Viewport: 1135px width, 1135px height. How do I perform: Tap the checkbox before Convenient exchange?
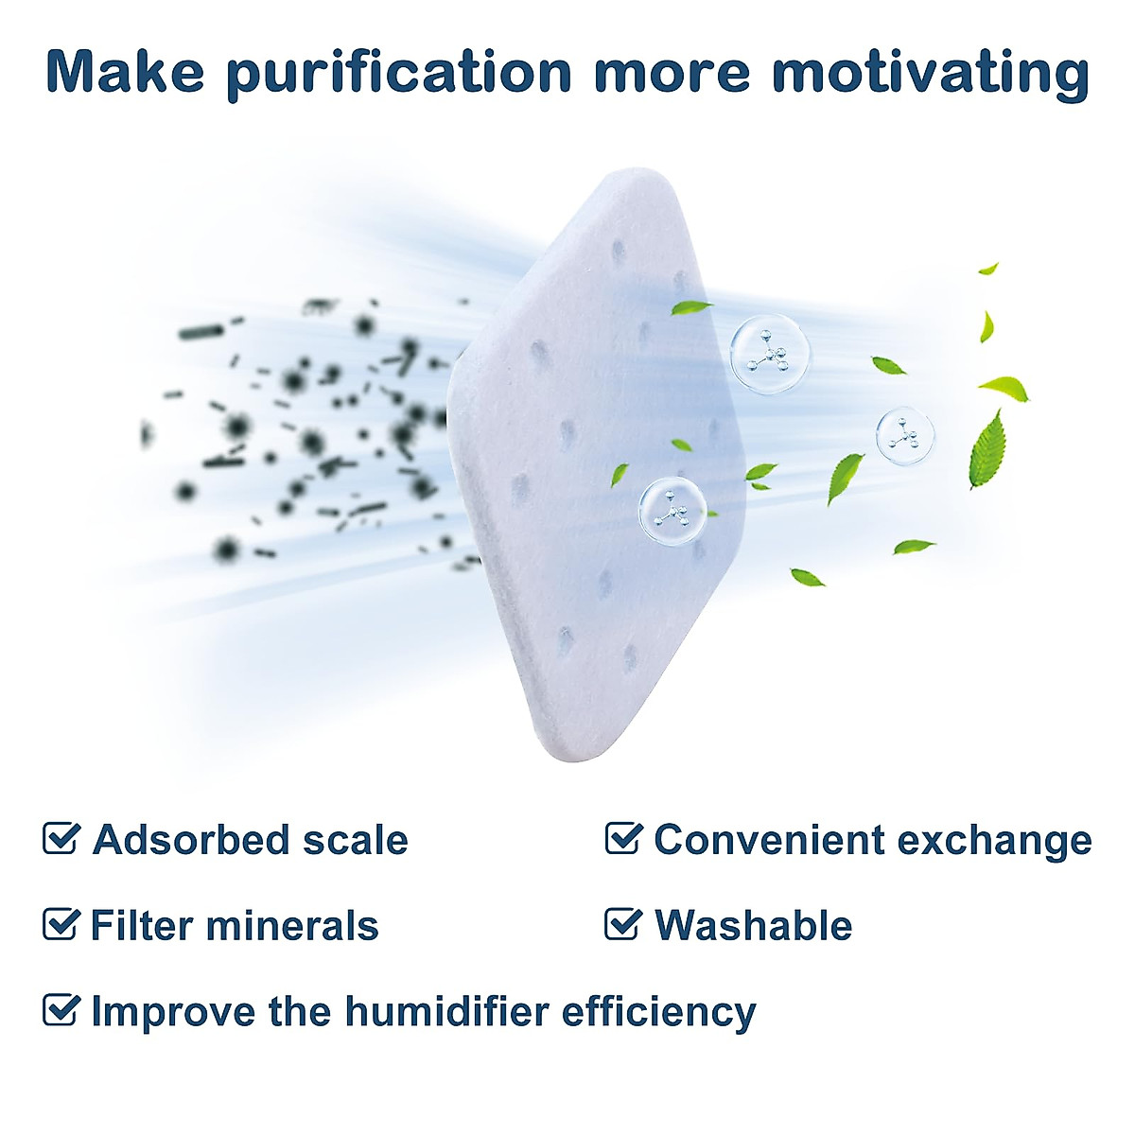click(x=623, y=838)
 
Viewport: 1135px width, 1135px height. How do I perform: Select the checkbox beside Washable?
click(x=623, y=924)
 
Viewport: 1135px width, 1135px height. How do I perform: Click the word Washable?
click(x=753, y=925)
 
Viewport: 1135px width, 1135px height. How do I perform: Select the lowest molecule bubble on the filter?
click(x=672, y=509)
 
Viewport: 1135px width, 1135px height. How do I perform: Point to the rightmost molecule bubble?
click(x=905, y=435)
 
